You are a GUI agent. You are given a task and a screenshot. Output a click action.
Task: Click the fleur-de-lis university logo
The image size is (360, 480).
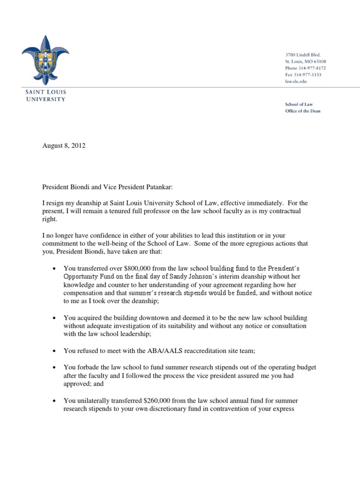tap(45, 60)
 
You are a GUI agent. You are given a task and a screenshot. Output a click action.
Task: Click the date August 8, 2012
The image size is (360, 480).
tap(64, 146)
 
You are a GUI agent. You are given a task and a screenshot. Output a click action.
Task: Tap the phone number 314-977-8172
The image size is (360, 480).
tap(312, 68)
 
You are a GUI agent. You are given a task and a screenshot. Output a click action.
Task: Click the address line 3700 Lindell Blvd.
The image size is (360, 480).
tap(303, 55)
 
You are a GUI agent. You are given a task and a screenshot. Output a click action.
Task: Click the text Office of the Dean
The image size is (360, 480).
tap(303, 111)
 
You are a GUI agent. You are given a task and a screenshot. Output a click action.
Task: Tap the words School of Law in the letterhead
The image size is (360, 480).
tap(299, 104)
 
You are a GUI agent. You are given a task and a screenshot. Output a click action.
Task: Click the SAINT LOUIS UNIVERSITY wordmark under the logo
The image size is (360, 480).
tap(45, 96)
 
